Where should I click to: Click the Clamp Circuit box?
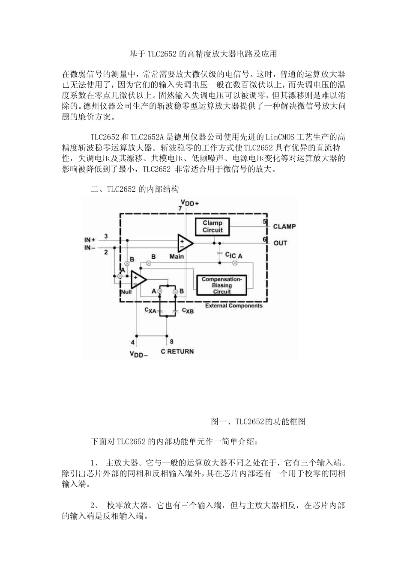pos(212,226)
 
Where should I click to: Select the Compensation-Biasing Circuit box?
pos(221,285)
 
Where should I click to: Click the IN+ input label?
pos(90,240)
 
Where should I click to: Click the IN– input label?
pos(90,248)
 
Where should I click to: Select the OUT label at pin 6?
pos(280,243)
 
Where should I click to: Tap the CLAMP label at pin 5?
pos(284,226)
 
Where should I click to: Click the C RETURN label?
pos(177,351)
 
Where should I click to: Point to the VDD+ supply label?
pos(189,203)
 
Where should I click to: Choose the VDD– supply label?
pos(138,353)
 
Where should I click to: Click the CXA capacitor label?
pos(150,310)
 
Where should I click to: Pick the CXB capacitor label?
pos(188,311)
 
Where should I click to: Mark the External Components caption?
pos(233,305)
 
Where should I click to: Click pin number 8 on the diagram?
pos(171,341)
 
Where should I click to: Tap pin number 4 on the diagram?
pos(133,342)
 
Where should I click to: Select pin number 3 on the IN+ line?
pos(106,236)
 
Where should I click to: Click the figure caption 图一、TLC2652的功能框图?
pos(258,421)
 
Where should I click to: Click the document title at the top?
pos(203,54)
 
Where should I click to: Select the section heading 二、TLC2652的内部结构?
pos(135,189)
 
